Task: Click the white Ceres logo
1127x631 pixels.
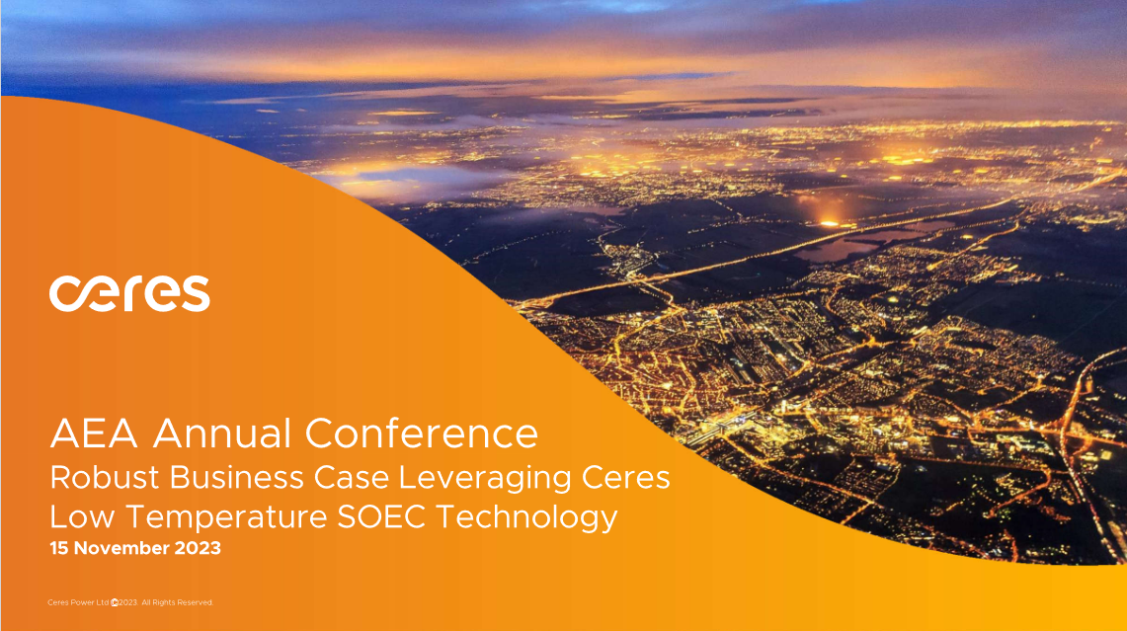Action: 129,293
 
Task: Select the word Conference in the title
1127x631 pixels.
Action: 422,434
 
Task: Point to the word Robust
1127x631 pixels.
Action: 103,478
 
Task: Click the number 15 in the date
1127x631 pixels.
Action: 58,548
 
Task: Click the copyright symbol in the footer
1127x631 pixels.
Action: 115,602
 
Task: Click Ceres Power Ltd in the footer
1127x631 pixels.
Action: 78,602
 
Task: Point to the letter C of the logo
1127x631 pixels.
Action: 65,294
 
